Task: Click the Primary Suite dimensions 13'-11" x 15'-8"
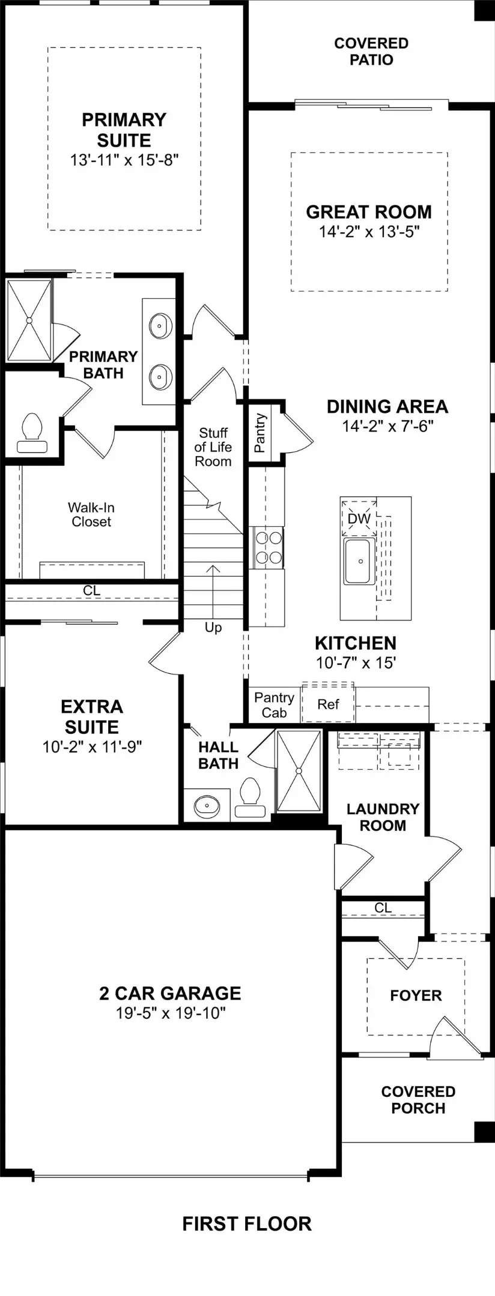[124, 160]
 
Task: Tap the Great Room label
[368, 212]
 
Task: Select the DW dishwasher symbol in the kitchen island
[359, 518]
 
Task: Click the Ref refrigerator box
[328, 704]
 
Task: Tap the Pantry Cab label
[274, 705]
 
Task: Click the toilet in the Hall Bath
[249, 797]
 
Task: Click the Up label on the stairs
[213, 628]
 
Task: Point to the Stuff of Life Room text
[213, 447]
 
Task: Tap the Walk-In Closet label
[91, 515]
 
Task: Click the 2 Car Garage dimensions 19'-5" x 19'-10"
[170, 1013]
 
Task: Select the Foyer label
[415, 995]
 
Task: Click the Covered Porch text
[418, 1100]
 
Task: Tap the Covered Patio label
[371, 52]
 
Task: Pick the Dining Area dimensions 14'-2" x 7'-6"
[387, 426]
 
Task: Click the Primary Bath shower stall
[29, 321]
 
